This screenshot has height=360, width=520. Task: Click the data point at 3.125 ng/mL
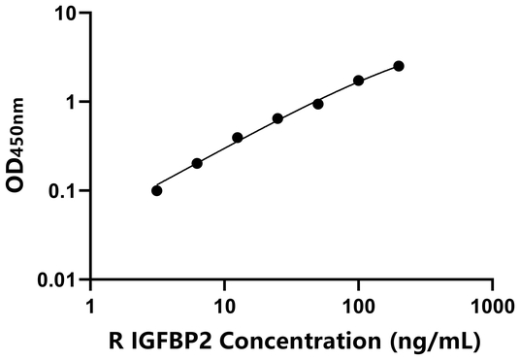click(157, 190)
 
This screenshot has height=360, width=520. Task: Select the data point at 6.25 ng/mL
click(197, 163)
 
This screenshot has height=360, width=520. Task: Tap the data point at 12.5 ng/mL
click(238, 138)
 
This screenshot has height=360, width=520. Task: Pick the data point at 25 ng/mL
click(277, 118)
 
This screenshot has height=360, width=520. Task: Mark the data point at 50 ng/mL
click(318, 104)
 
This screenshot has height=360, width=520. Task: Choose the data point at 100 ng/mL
click(359, 81)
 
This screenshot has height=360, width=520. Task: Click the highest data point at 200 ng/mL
click(399, 66)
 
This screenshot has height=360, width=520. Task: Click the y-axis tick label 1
click(71, 102)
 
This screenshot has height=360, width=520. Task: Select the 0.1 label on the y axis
click(63, 191)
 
